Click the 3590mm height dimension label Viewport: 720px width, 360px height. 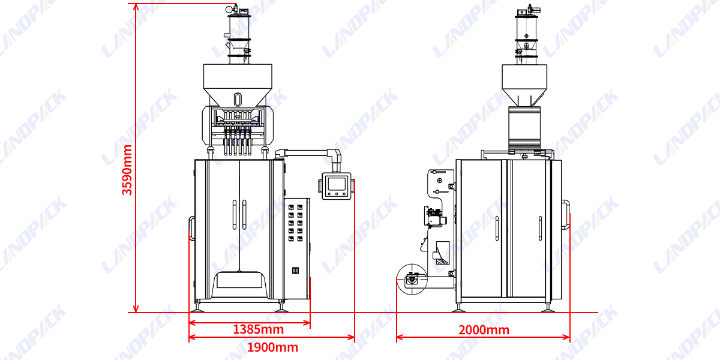click(127, 170)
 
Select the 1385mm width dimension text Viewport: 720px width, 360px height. click(258, 329)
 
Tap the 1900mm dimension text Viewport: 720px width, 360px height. click(272, 347)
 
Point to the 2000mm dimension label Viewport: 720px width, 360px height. click(484, 330)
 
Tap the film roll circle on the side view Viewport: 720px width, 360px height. click(412, 279)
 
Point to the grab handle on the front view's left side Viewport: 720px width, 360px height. click(191, 229)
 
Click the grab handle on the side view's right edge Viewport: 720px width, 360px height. click(566, 214)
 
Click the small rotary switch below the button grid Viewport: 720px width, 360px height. click(295, 271)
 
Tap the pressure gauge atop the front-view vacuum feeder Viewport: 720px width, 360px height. click(229, 9)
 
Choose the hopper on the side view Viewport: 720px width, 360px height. click(525, 84)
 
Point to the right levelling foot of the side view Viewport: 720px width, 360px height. click(547, 308)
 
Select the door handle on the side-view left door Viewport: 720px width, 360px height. click(497, 228)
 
